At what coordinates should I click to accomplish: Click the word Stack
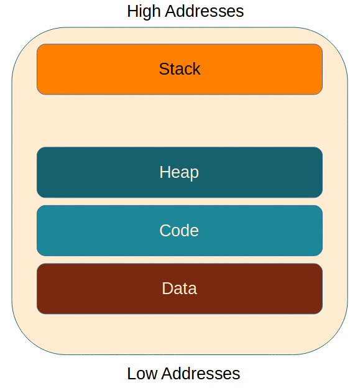tap(180, 69)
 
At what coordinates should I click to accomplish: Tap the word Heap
tap(179, 172)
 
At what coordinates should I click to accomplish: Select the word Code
tap(179, 231)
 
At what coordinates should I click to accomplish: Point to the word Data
tap(179, 289)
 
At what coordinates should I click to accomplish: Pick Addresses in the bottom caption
tap(201, 374)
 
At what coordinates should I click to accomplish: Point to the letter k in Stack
tap(196, 69)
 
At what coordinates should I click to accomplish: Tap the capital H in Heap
tap(165, 172)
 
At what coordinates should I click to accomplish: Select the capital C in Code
tap(165, 231)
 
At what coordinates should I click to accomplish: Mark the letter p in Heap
tap(194, 173)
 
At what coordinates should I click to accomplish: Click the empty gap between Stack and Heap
tap(180, 121)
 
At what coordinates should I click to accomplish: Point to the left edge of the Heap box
tap(37, 172)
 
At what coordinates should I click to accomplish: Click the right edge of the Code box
tap(322, 231)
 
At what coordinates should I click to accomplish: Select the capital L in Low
tap(132, 374)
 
